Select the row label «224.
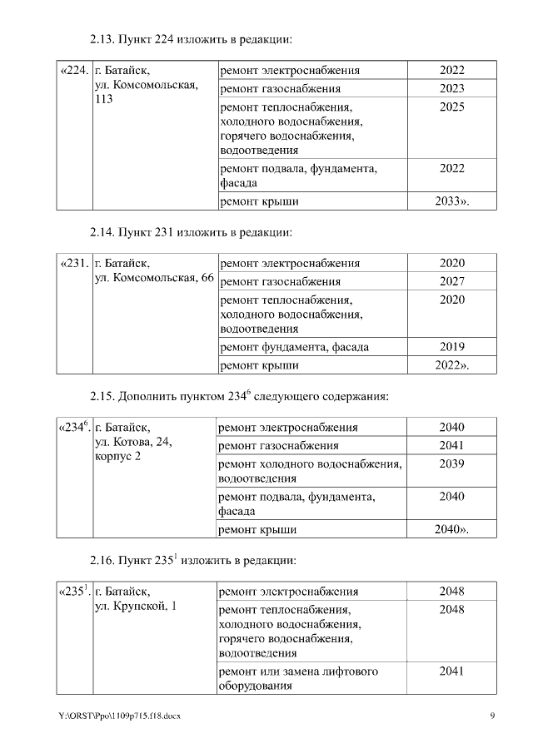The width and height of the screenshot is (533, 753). pos(73,71)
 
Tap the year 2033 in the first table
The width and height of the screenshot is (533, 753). pos(452,201)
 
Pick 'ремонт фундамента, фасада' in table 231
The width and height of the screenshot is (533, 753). pos(294,347)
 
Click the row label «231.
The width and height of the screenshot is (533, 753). pos(73,264)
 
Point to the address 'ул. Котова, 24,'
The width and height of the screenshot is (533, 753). pos(133,442)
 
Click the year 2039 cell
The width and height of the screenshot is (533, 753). pos(451,463)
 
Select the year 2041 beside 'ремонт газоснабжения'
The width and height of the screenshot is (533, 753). pos(451,445)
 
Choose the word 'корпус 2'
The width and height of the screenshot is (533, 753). pos(118,457)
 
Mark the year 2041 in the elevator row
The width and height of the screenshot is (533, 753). pos(451,671)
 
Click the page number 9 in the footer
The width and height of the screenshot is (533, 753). pos(492,716)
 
